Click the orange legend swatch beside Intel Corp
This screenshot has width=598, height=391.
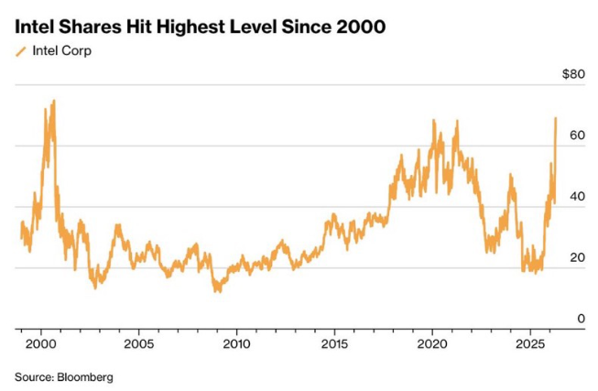tap(21, 51)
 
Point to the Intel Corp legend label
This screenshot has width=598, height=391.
tap(61, 51)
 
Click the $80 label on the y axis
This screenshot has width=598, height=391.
tap(572, 74)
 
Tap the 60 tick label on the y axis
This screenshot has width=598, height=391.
tap(575, 135)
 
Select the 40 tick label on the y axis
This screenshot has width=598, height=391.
tap(575, 196)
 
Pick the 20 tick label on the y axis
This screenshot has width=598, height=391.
tap(575, 257)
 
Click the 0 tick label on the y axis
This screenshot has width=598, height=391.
tap(579, 319)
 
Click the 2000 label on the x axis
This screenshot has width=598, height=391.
tap(40, 344)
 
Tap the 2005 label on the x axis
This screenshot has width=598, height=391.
tap(138, 344)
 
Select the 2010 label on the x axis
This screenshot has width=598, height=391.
tap(236, 344)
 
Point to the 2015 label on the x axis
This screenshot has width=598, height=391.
tap(334, 344)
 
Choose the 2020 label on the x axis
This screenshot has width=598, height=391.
tap(432, 344)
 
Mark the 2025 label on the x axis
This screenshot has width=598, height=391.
tap(530, 344)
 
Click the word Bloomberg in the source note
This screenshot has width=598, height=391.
tap(85, 376)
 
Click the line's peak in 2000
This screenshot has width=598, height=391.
tap(54, 101)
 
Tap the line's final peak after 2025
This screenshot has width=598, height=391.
tap(556, 118)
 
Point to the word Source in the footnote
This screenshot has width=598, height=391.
tap(33, 376)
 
